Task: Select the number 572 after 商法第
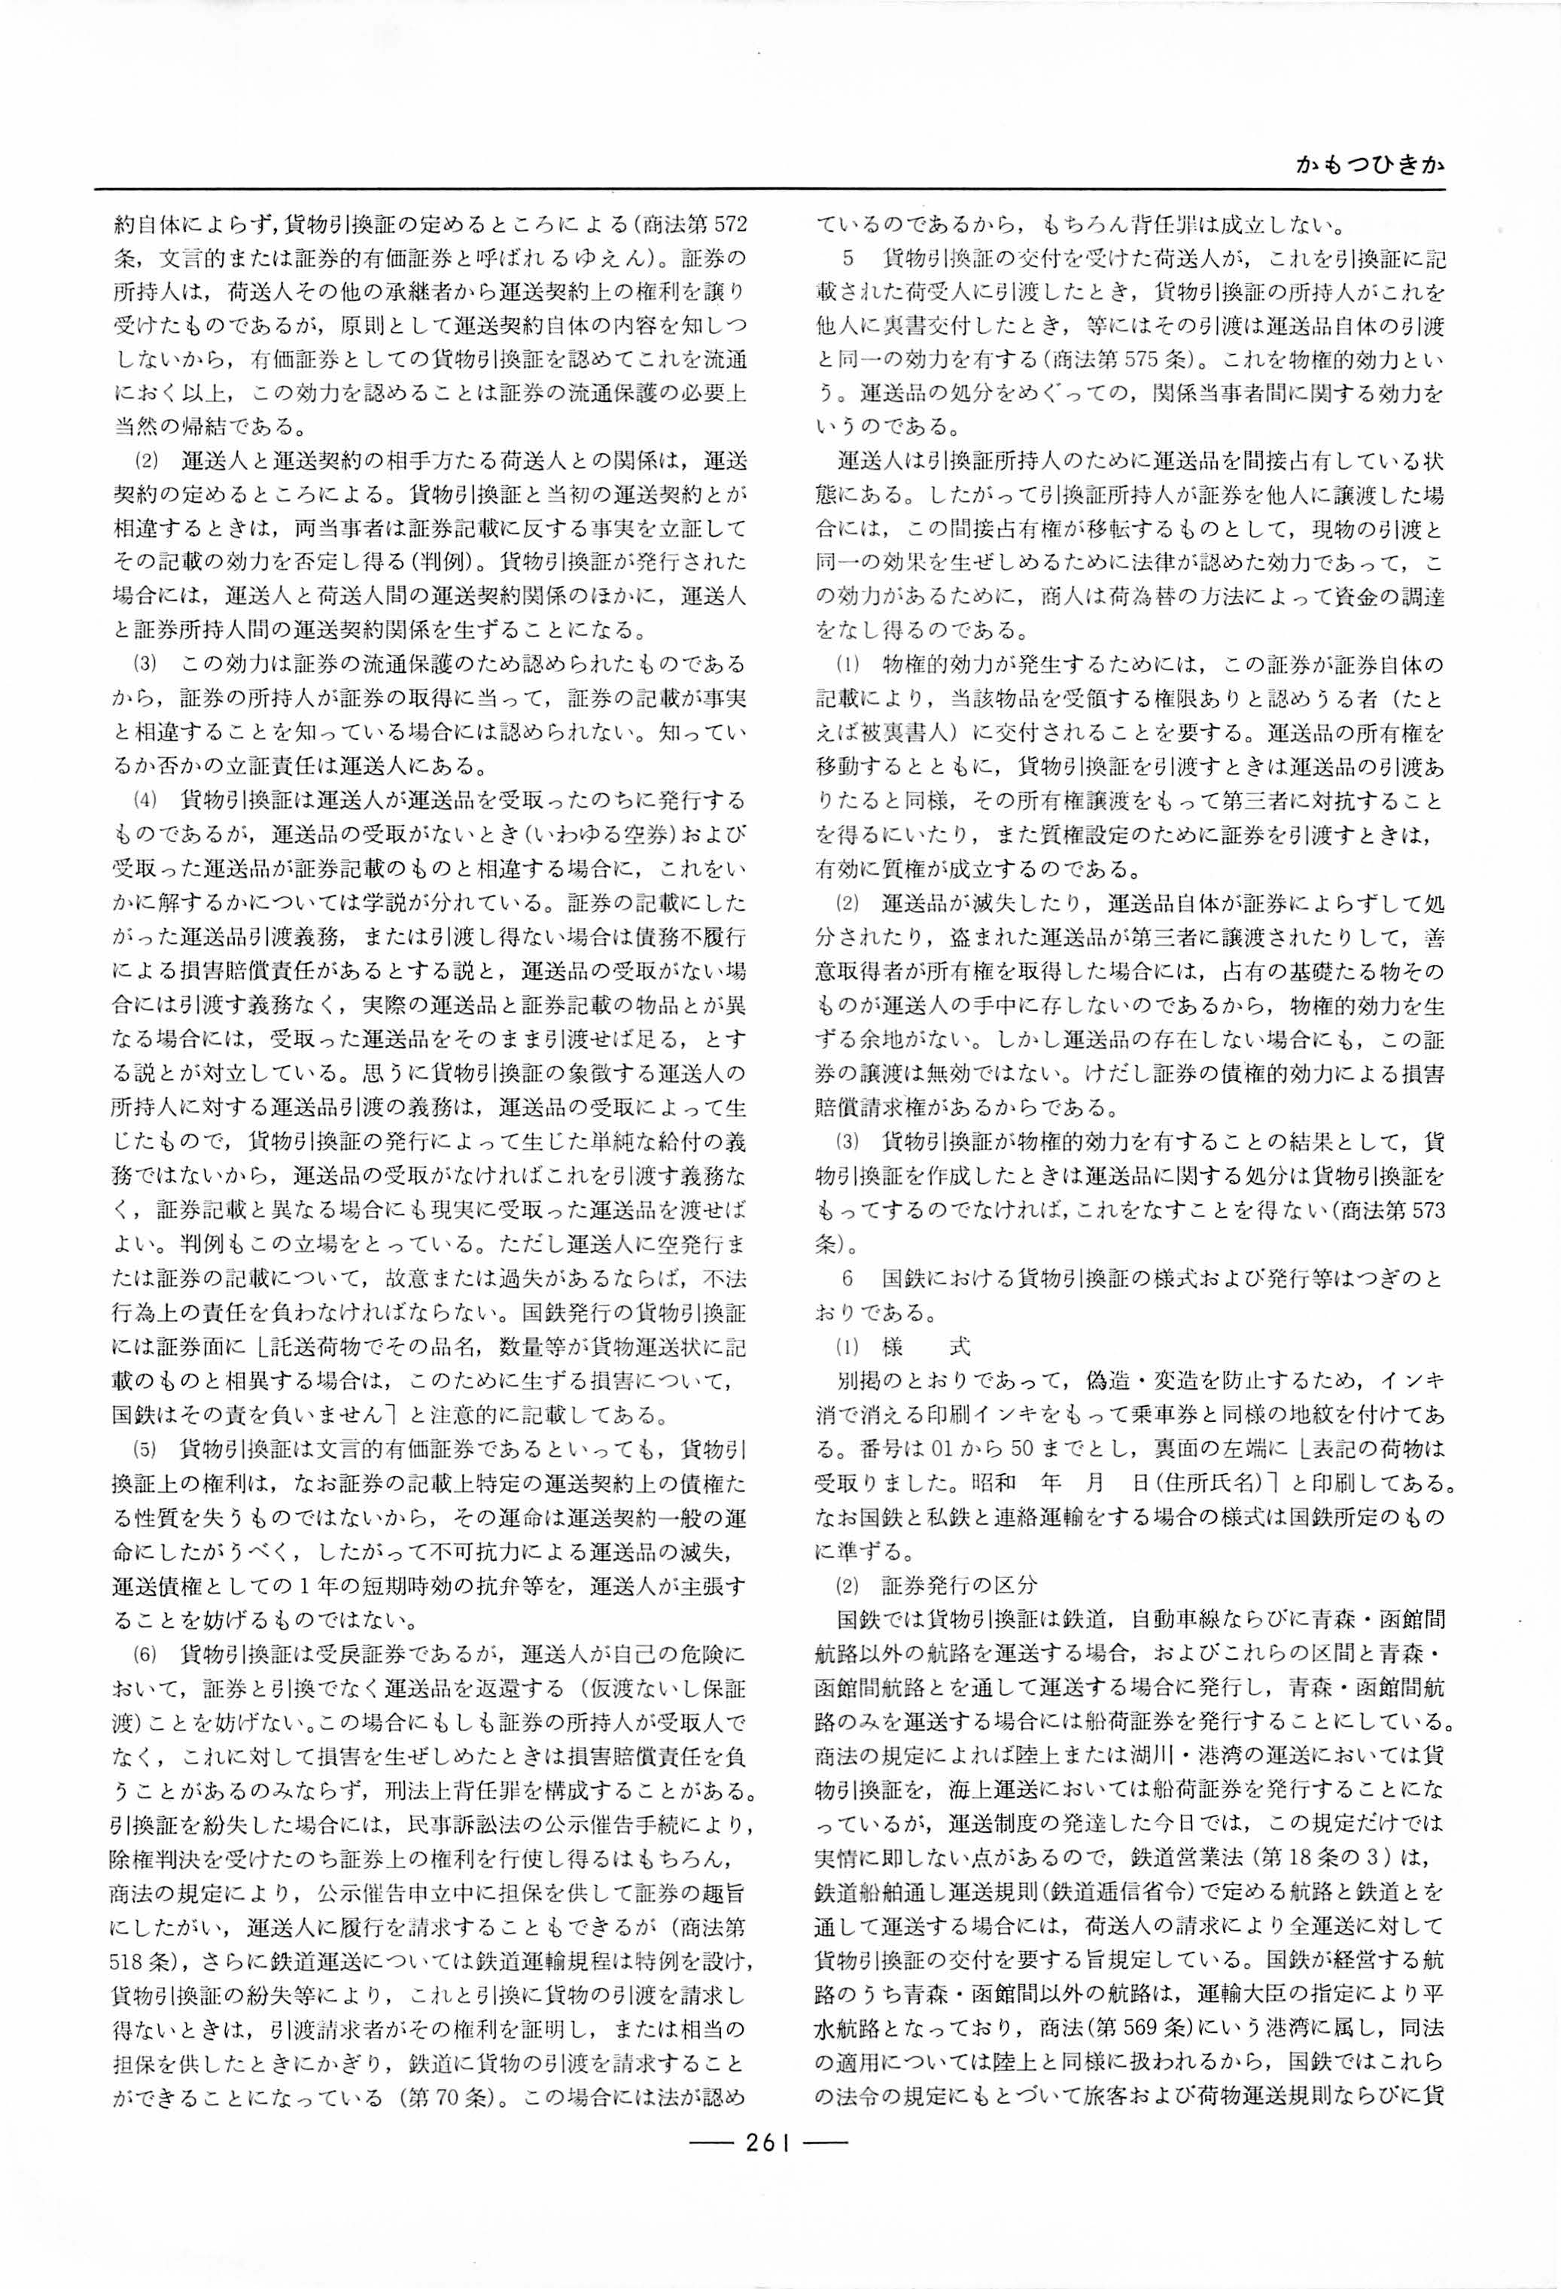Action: click(727, 224)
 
